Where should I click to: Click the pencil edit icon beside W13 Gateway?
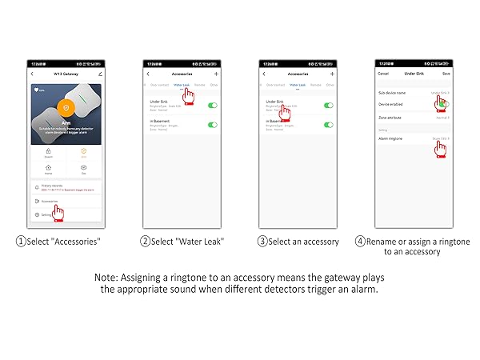(100, 73)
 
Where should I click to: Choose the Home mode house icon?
(47, 167)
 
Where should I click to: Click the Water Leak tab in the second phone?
(181, 84)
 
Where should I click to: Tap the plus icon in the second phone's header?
(216, 73)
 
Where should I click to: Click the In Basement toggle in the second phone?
(212, 124)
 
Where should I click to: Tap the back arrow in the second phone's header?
(148, 73)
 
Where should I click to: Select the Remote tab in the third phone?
(315, 84)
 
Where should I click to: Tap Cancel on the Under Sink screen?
(383, 73)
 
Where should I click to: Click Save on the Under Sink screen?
(446, 73)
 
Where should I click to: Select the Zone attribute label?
(390, 117)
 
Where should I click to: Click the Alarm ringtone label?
(390, 138)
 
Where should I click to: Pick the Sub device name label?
(391, 93)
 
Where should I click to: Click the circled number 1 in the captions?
(20, 241)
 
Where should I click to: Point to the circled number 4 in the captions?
(361, 241)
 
